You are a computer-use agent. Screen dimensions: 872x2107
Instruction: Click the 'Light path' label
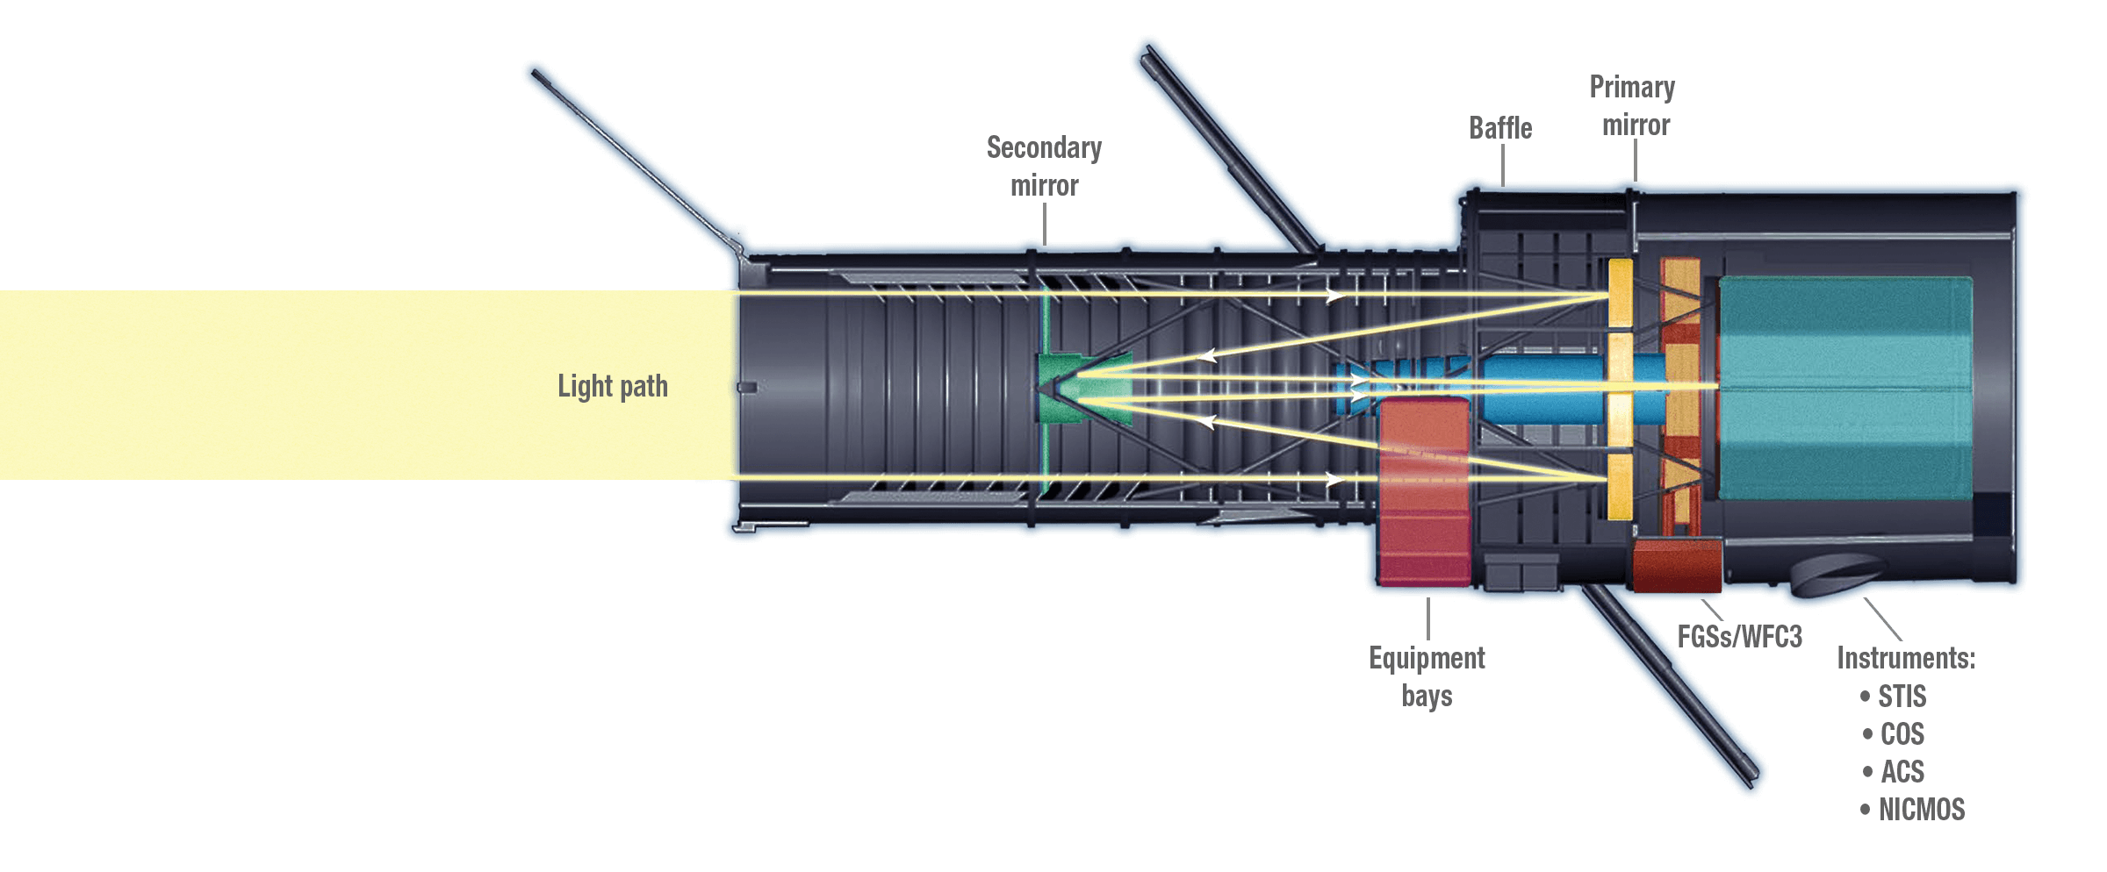pos(613,387)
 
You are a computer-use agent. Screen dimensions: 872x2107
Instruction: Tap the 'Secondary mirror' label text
pos(1044,166)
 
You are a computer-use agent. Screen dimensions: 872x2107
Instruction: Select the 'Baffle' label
pos(1500,129)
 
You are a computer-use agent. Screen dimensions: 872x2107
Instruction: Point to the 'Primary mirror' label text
pos(1634,106)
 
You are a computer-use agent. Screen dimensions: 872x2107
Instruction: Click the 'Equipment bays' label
pos(1427,676)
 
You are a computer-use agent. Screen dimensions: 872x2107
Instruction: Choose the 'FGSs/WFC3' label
pos(1739,637)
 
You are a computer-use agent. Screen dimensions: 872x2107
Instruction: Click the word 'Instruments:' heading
pos(1906,658)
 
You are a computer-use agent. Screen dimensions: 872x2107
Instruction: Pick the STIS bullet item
pos(1901,697)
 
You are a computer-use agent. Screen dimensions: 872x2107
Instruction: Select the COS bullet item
pos(1901,734)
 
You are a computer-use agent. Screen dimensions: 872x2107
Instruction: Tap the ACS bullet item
pos(1901,772)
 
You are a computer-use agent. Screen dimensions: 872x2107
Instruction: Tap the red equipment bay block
pos(1423,491)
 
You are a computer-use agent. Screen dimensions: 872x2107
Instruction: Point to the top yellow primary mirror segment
pos(1620,289)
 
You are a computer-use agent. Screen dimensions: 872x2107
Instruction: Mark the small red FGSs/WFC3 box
pos(1677,567)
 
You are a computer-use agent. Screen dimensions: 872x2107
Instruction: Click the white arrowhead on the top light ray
pos(1334,296)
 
